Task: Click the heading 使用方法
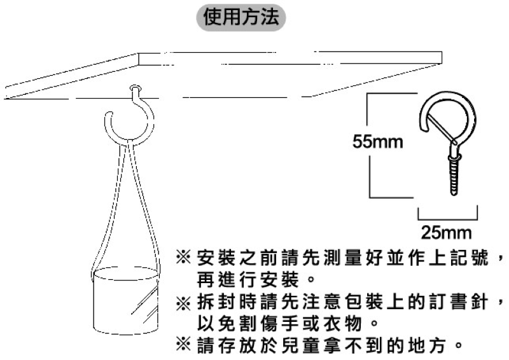[x=241, y=17]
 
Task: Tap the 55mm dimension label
[x=377, y=142]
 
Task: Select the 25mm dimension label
[x=446, y=233]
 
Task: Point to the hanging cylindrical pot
[x=125, y=301]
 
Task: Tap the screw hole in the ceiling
[x=136, y=88]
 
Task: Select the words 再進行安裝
[x=248, y=280]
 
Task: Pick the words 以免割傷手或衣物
[x=279, y=323]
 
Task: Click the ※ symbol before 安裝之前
[x=183, y=258]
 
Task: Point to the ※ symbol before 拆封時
[x=183, y=303]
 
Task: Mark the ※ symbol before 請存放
[x=183, y=345]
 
